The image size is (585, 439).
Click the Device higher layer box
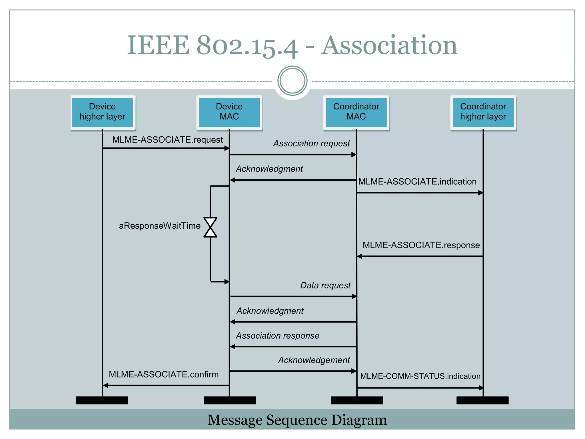point(102,112)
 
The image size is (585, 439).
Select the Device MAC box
point(229,112)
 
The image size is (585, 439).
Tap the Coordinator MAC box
point(356,112)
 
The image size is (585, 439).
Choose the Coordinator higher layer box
point(483,112)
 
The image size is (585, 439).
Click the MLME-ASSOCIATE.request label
point(167,140)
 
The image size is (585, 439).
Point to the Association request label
point(311,143)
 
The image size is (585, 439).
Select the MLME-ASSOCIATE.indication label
point(417,182)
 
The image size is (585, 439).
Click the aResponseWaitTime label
point(160,226)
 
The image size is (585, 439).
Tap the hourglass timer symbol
point(210,228)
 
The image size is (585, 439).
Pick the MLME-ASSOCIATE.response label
point(421,245)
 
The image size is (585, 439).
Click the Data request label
point(325,286)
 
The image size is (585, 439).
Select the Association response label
point(277,336)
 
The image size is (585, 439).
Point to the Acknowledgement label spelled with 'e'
point(314,360)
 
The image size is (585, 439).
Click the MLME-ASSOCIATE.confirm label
point(164,375)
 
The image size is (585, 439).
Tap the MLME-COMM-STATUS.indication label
point(420,376)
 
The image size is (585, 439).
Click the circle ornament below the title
point(292,81)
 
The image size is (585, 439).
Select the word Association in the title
point(389,46)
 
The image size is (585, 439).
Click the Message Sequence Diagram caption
point(297,420)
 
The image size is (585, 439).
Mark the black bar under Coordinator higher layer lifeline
point(482,400)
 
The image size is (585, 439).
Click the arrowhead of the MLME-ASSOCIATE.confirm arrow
point(105,386)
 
